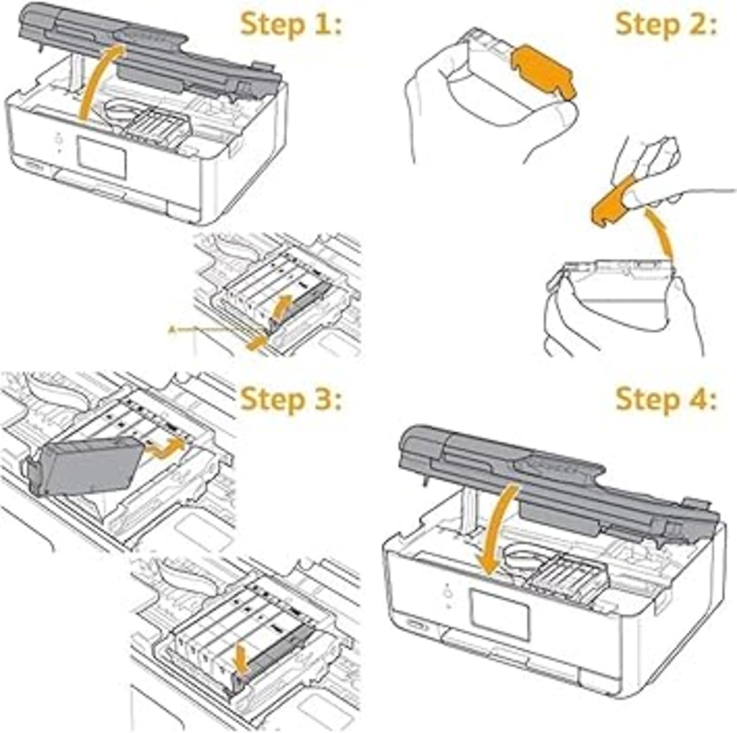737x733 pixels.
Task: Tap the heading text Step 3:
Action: tap(291, 398)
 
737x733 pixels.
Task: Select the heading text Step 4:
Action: tap(666, 398)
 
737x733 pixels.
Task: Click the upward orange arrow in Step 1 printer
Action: tap(98, 81)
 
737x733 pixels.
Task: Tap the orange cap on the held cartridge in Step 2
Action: tap(544, 71)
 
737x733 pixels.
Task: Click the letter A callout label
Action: tap(171, 330)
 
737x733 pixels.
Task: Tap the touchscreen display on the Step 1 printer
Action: tap(101, 157)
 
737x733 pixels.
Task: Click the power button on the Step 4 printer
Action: tap(448, 592)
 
